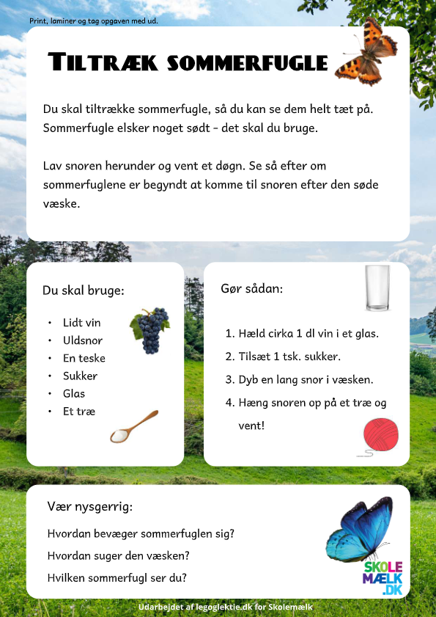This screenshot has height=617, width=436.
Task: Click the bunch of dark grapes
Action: tap(150, 331)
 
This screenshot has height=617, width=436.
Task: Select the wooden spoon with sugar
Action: tap(133, 427)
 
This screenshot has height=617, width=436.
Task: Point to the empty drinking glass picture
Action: tap(378, 289)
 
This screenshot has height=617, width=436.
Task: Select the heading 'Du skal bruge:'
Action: tap(84, 291)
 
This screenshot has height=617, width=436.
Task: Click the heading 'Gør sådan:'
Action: tap(251, 289)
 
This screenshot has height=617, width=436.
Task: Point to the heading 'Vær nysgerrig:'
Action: tap(89, 507)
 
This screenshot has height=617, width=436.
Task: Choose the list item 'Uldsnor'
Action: tap(83, 340)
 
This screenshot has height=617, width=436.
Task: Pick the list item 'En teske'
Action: tap(84, 358)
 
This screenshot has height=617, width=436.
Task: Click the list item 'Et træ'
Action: tap(79, 411)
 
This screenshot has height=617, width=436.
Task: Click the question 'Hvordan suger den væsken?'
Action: tap(119, 555)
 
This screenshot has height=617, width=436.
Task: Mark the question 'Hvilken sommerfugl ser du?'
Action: tap(117, 577)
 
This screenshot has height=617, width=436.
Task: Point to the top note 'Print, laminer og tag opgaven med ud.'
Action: tap(94, 21)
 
